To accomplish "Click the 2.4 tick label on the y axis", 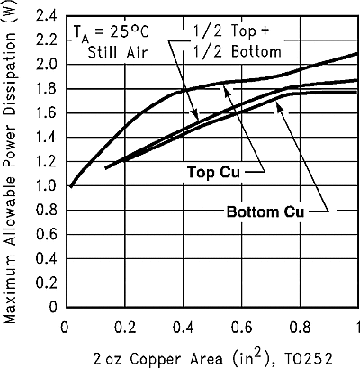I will pyautogui.click(x=45, y=16).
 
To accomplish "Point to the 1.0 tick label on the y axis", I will pyautogui.click(x=45, y=185).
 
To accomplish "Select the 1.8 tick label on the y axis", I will pyautogui.click(x=45, y=89).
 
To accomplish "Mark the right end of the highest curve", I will pyautogui.click(x=358, y=53).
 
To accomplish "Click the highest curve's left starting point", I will pyautogui.click(x=70, y=186).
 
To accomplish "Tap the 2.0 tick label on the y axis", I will pyautogui.click(x=45, y=65).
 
